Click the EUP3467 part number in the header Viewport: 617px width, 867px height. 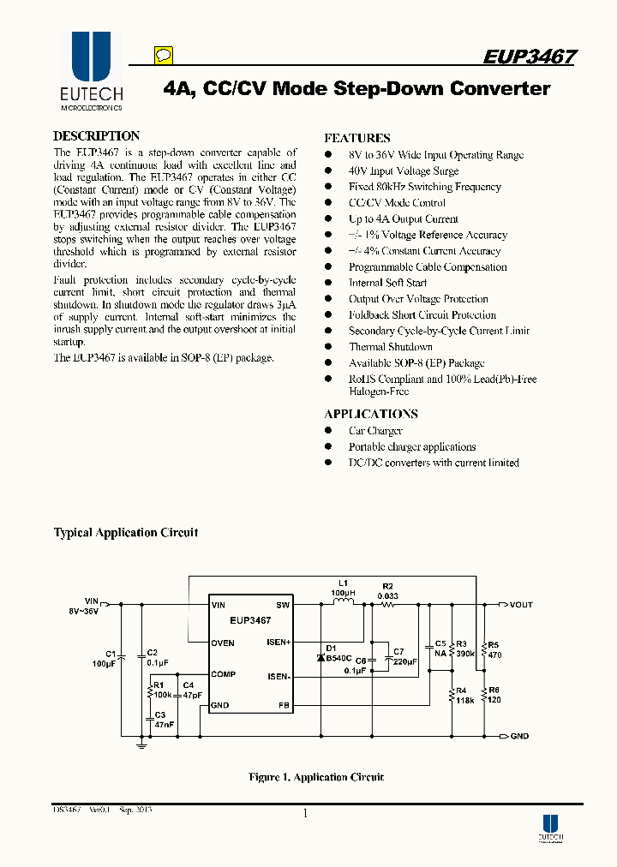pyautogui.click(x=529, y=57)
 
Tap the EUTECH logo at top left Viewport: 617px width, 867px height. pyautogui.click(x=91, y=72)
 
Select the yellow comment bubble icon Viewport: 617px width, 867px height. pyautogui.click(x=164, y=57)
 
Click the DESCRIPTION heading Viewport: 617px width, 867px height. pyautogui.click(x=96, y=136)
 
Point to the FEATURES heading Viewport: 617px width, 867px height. pyautogui.click(x=357, y=138)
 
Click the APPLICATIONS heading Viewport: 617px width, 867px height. pyautogui.click(x=371, y=414)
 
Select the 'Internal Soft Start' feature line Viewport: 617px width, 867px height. pyautogui.click(x=387, y=283)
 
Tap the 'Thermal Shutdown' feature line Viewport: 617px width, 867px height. pyautogui.click(x=390, y=347)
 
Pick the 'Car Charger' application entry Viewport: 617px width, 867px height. pyautogui.click(x=375, y=431)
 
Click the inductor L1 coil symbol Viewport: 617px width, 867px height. pyautogui.click(x=343, y=603)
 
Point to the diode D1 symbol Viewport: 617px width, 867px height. pyautogui.click(x=321, y=658)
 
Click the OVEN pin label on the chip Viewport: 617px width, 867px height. pyautogui.click(x=223, y=643)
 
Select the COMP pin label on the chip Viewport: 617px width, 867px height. pyautogui.click(x=223, y=675)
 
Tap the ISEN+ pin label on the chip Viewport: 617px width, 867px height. pyautogui.click(x=279, y=643)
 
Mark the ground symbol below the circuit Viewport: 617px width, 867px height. pyautogui.click(x=141, y=745)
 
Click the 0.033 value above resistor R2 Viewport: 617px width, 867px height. pyautogui.click(x=387, y=595)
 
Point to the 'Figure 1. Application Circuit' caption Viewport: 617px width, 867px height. pyautogui.click(x=316, y=777)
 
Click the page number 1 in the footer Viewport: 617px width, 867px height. pyautogui.click(x=305, y=815)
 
